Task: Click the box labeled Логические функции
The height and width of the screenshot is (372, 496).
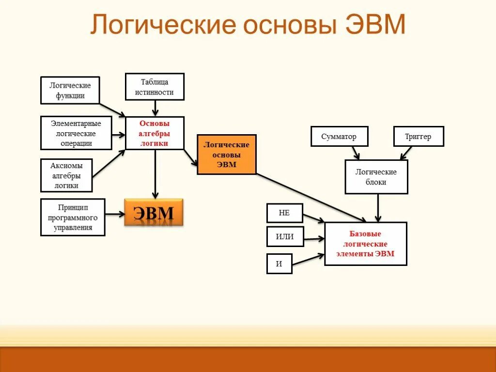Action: click(70, 90)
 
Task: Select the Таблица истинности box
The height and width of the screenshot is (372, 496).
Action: click(155, 87)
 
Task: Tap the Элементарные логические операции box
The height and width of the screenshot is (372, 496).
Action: click(76, 133)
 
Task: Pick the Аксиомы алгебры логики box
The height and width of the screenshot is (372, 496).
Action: click(66, 175)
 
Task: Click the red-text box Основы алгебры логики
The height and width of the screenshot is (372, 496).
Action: click(155, 133)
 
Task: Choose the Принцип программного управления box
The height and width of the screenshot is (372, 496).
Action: click(73, 217)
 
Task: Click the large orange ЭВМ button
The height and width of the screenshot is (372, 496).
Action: click(154, 213)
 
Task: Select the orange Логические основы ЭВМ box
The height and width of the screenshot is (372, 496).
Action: click(226, 155)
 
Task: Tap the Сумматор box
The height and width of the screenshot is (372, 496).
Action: click(339, 136)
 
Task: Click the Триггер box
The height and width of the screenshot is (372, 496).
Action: click(418, 136)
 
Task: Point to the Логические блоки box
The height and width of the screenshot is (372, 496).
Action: click(376, 177)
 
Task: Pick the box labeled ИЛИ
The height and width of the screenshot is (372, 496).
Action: click(285, 237)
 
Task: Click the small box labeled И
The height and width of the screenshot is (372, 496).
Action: click(279, 263)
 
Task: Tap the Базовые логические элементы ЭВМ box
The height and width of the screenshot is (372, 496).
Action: click(366, 244)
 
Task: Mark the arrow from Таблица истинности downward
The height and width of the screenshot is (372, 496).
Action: click(155, 108)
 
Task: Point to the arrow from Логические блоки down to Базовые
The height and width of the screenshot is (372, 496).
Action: click(378, 207)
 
